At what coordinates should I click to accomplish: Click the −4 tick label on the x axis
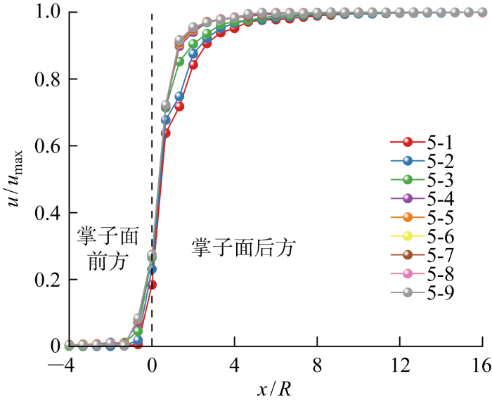(65, 365)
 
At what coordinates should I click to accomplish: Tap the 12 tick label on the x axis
(401, 365)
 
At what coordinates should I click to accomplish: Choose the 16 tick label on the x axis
(482, 365)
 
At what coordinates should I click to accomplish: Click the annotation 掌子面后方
(243, 247)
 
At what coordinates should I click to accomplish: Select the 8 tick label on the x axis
(318, 365)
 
